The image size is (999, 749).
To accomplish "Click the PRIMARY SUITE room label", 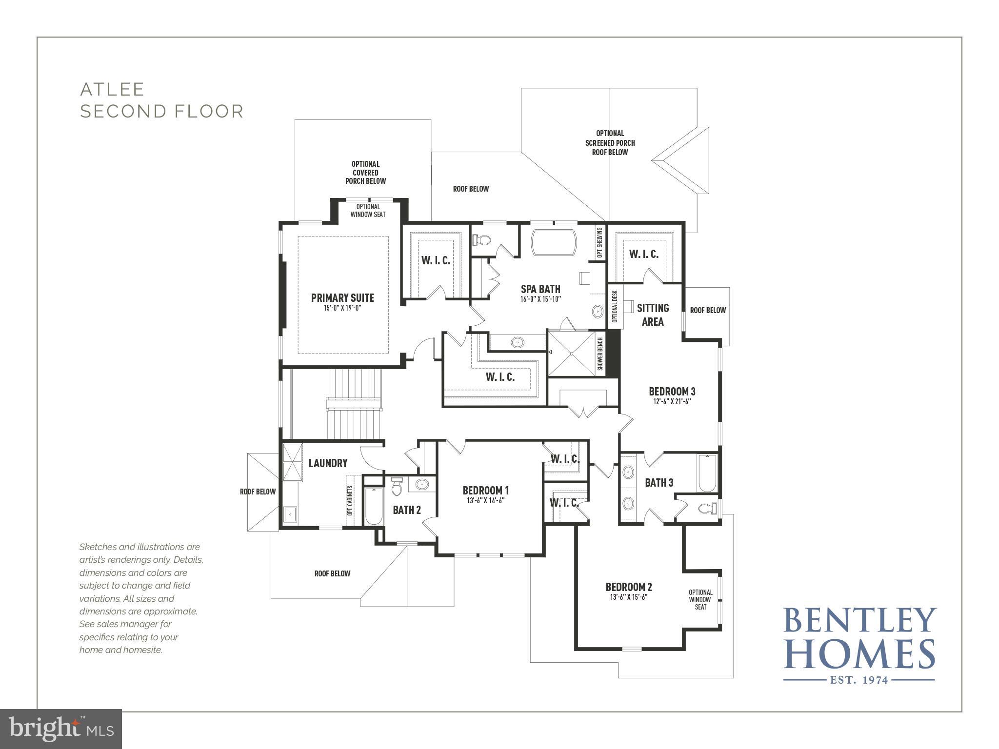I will point(342,297).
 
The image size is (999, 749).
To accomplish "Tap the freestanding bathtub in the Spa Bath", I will point(554,242).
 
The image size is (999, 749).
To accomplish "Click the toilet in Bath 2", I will point(397,486).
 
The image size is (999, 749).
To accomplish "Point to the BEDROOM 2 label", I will point(628,587).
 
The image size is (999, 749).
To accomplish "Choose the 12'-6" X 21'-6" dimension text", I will point(672,402).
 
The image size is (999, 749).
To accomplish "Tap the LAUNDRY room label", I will point(328,463).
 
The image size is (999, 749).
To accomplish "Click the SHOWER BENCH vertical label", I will point(600,354).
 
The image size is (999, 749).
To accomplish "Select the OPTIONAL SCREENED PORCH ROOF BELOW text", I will point(610,142).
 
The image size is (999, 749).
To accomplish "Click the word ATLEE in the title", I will point(112,89).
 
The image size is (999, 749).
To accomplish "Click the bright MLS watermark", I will point(61,729).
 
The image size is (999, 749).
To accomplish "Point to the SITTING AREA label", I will point(653,315).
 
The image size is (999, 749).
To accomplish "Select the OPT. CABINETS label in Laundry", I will point(350,500).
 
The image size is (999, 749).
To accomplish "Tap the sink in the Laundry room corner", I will point(291,514).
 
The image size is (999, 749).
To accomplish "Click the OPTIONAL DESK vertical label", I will point(615,306).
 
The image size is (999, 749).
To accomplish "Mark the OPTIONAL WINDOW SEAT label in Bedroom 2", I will point(700,599).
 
